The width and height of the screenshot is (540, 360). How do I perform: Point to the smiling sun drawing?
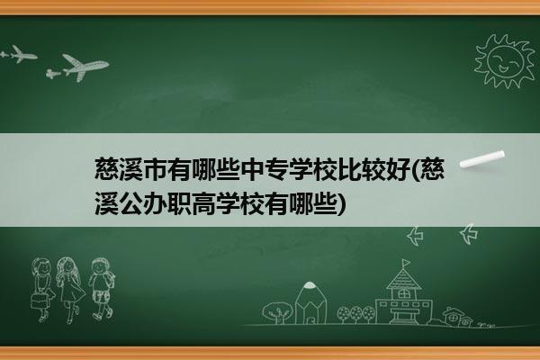click(x=504, y=61)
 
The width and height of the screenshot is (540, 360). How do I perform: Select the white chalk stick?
click(x=482, y=159)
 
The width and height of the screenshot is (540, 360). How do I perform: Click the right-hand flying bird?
click(x=469, y=234)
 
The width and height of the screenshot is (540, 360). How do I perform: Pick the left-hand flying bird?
click(x=415, y=236)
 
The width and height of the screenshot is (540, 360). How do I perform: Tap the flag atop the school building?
click(x=407, y=264)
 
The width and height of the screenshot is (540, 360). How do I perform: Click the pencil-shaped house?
click(x=310, y=302)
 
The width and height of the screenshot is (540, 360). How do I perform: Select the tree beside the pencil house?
click(x=277, y=312)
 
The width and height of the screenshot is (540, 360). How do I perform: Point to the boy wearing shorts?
click(x=101, y=289)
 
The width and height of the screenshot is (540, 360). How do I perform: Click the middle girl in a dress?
click(x=70, y=290)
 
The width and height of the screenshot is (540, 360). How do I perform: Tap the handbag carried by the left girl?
click(x=39, y=301)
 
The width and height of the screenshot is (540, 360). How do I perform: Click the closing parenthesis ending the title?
click(x=341, y=204)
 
